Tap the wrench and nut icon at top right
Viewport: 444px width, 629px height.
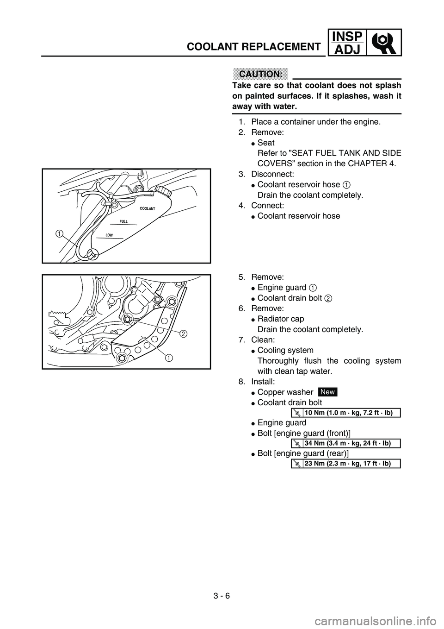(x=384, y=42)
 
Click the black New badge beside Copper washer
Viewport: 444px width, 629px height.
(x=327, y=392)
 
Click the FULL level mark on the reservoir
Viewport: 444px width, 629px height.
(x=123, y=222)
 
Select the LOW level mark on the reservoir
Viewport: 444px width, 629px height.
(x=110, y=235)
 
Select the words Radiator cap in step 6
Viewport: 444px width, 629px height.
(x=280, y=319)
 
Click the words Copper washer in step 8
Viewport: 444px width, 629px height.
(x=285, y=392)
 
